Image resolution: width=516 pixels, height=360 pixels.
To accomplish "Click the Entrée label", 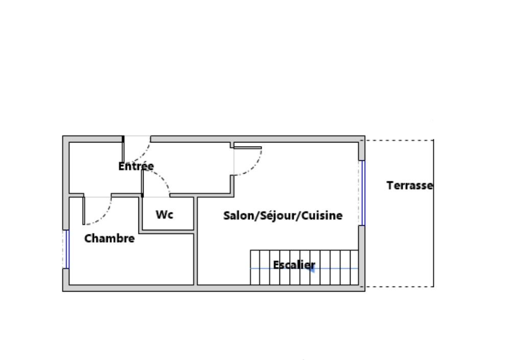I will [x=136, y=166].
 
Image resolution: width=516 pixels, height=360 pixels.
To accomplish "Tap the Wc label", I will [x=165, y=214].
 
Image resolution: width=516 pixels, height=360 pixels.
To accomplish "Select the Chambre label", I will [x=109, y=238].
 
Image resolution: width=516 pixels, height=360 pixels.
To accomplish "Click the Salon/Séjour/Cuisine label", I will [x=283, y=215].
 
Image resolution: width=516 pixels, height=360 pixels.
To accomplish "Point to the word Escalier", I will [x=294, y=265].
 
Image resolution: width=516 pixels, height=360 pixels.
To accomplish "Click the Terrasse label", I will [x=409, y=185].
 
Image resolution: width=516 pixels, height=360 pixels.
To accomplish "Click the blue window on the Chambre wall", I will [x=67, y=249].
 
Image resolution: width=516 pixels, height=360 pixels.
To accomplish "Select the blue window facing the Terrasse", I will [x=362, y=193].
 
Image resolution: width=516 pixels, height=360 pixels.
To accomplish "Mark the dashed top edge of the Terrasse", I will [x=398, y=139].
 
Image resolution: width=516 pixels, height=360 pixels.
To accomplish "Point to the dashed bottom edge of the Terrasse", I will [x=398, y=286].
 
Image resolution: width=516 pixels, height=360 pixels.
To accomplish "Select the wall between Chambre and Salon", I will [x=195, y=255].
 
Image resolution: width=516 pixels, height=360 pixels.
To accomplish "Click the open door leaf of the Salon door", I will [x=248, y=148].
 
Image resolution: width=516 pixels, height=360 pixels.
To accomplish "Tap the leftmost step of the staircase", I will [x=253, y=268].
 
